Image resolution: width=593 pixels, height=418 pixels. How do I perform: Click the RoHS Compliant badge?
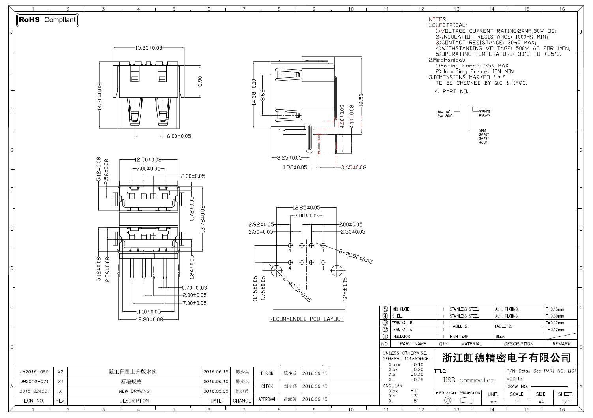coord(47,20)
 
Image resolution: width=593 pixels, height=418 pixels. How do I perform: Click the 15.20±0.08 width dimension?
coord(149,48)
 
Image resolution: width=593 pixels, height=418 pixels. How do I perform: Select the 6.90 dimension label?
coord(200,81)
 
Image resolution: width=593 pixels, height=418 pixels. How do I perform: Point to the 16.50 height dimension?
coord(361,99)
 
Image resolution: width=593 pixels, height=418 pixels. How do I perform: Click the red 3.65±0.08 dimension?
coord(353,167)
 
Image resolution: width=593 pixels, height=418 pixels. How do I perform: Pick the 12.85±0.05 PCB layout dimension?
coord(306,208)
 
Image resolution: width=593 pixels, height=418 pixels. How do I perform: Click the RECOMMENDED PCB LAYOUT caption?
coord(306,319)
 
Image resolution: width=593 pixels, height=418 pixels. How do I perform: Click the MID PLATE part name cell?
coord(400,309)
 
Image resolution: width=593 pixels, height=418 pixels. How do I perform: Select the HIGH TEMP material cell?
coord(459,337)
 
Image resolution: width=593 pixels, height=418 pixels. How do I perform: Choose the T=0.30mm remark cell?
coord(555,316)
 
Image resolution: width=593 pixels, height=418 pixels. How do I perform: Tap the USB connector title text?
coord(469,380)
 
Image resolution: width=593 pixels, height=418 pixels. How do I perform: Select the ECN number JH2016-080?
coord(34,372)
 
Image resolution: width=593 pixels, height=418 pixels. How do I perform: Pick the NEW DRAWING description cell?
coord(134,391)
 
